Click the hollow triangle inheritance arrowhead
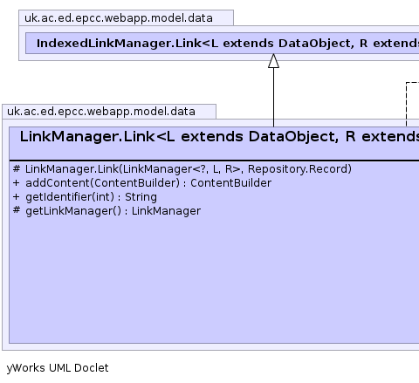click(273, 61)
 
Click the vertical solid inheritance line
click(273, 98)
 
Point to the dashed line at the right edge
click(407, 104)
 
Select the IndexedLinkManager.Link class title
click(228, 44)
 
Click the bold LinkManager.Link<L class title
click(219, 137)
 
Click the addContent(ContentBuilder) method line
click(142, 183)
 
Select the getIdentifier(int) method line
click(85, 197)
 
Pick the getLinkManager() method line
click(106, 211)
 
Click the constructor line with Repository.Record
click(182, 169)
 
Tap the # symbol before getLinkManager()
click(17, 210)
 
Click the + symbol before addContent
click(17, 183)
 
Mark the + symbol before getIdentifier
click(17, 197)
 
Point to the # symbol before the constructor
click(17, 168)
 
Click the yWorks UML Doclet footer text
click(58, 368)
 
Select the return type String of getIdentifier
click(141, 197)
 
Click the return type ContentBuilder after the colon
click(231, 183)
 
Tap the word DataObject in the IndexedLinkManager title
click(316, 44)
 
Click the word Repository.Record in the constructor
click(299, 169)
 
